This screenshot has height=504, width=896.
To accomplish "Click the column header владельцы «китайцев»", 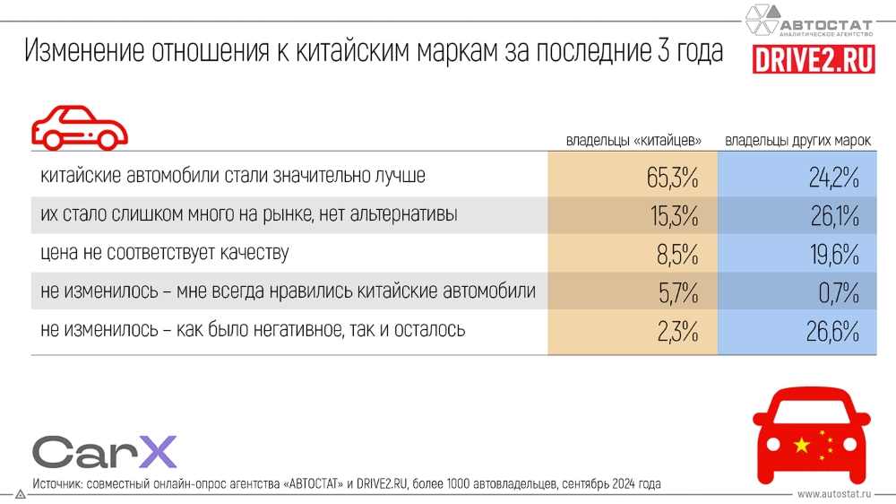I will point(633,141).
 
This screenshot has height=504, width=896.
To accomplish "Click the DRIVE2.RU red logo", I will point(814,59).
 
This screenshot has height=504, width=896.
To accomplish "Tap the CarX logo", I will point(105,452).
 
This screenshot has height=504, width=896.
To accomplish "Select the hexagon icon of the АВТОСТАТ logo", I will point(763,20).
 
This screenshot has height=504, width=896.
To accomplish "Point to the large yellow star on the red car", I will point(801,443).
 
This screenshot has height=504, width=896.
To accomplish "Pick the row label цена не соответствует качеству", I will point(165,254).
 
